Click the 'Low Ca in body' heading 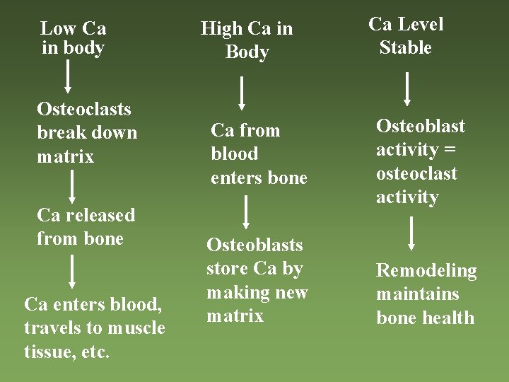74,38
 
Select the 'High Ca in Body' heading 246,40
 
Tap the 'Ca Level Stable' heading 406,36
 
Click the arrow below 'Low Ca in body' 68,76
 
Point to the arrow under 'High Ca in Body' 242,93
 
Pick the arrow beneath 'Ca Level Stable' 408,88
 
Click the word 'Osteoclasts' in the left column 84,109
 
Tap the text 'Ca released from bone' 86,226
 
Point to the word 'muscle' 136,328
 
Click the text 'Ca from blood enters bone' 259,154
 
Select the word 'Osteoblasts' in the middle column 255,245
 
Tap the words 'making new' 257,292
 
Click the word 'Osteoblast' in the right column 421,126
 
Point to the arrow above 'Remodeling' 411,234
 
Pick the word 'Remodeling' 426,270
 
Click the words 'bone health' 425,318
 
